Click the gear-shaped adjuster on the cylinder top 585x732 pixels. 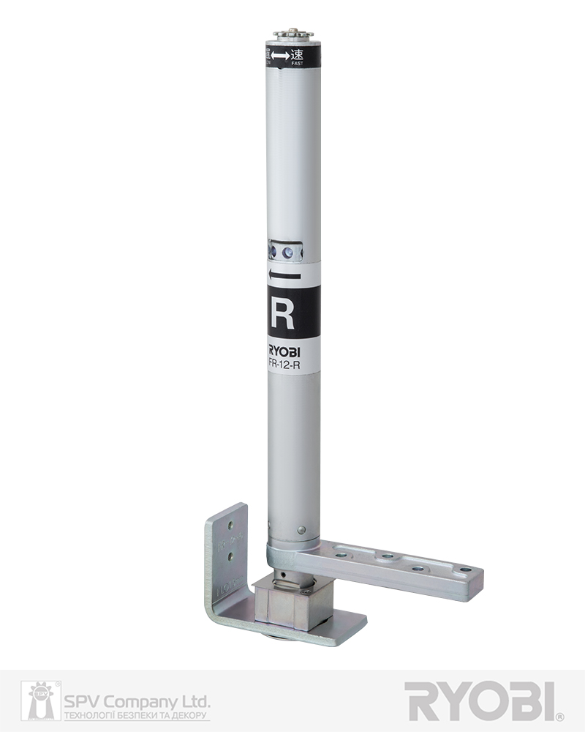pyautogui.click(x=293, y=34)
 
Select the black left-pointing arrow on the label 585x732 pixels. pyautogui.click(x=284, y=275)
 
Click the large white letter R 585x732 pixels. pyautogui.click(x=282, y=313)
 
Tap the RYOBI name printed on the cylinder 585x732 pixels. pyautogui.click(x=283, y=349)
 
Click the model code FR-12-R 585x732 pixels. pyautogui.click(x=283, y=362)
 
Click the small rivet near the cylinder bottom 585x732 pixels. pyautogui.click(x=301, y=529)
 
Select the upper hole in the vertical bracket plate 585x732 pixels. pyautogui.click(x=231, y=526)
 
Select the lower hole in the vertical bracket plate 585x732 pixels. pyautogui.click(x=231, y=557)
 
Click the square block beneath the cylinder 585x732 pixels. pyautogui.click(x=292, y=604)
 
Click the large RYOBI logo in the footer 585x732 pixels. pyautogui.click(x=480, y=701)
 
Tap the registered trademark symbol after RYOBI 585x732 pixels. pyautogui.click(x=559, y=717)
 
